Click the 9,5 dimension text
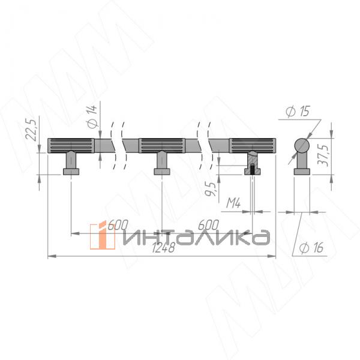pos(209,189)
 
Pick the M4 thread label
pos(234,205)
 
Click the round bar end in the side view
pos(302,146)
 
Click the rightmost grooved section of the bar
pos(253,145)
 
